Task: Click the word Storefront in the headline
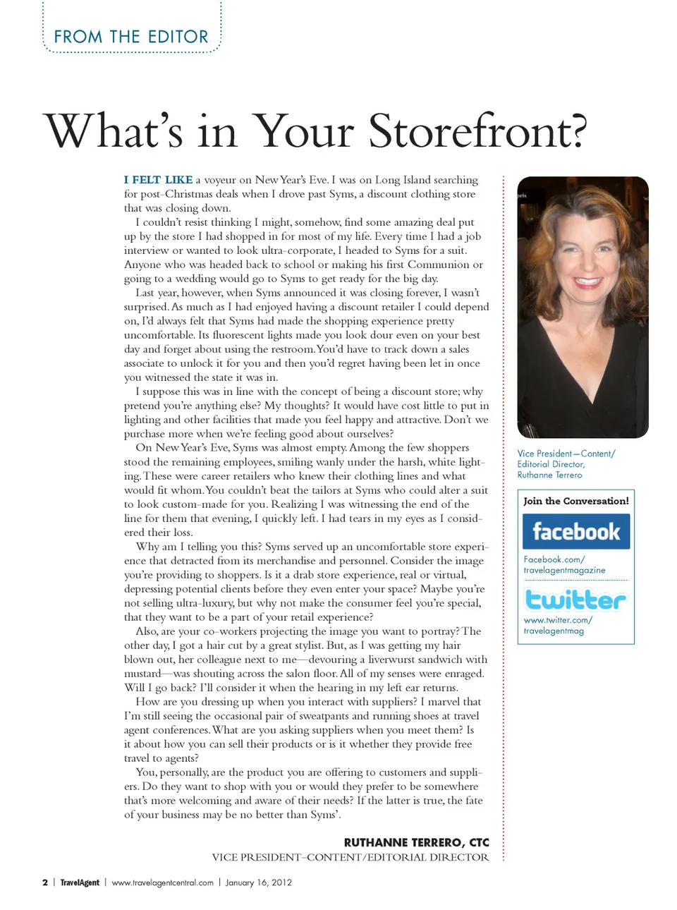pos(477,131)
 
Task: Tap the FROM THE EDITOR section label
pos(131,37)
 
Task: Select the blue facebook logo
pos(575,531)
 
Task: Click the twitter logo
pos(575,600)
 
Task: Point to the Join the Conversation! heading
pos(575,501)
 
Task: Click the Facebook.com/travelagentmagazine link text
pos(564,564)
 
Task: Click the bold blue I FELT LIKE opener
pos(158,180)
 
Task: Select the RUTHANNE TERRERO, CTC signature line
pos(416,842)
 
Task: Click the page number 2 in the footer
pos(45,882)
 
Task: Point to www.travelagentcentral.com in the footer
pos(162,882)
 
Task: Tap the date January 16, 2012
pos(258,882)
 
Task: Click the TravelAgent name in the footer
pos(80,882)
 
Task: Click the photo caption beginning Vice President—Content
pos(566,464)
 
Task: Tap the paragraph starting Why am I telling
pos(306,581)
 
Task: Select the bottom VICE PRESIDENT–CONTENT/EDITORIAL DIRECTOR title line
pos(350,857)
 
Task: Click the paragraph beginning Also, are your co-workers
pos(306,659)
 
